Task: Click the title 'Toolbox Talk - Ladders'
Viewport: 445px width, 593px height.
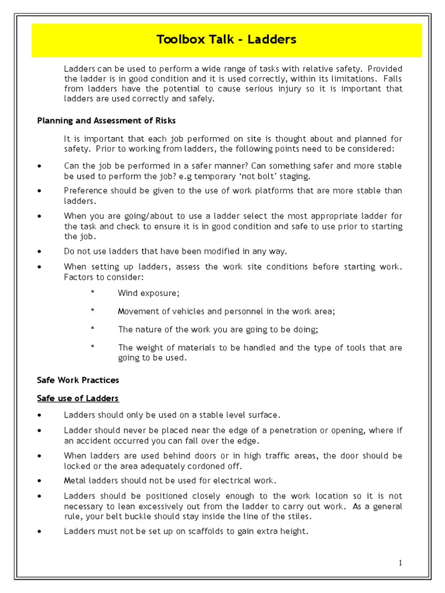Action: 227,40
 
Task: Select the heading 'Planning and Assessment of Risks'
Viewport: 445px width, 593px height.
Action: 106,120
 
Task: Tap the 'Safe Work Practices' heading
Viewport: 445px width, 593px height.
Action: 78,380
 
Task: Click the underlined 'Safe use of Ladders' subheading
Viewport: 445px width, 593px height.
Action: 78,398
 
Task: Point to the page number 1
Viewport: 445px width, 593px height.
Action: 400,562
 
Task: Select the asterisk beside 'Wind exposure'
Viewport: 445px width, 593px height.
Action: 92,293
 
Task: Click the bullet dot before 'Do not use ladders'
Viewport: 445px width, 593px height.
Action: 39,251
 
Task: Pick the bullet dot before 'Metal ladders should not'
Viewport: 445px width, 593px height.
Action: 39,481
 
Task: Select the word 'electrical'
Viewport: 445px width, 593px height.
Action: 235,481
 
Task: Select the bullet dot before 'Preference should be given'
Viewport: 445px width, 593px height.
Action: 39,191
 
